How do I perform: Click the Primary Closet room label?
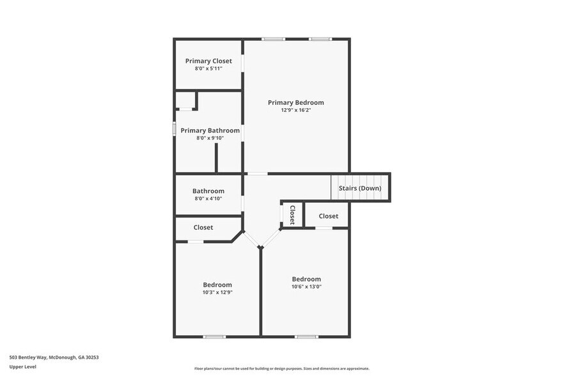[x=208, y=61]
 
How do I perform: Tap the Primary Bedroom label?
[x=295, y=102]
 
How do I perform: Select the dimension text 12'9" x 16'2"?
[x=295, y=110]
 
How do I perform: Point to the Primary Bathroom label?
[x=210, y=130]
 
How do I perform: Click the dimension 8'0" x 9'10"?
[x=210, y=137]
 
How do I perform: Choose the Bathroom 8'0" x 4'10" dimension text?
[x=208, y=198]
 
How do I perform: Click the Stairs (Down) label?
[x=360, y=188]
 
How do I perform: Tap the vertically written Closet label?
[x=292, y=214]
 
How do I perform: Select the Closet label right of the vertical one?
[x=328, y=216]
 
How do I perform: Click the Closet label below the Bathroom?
[x=203, y=227]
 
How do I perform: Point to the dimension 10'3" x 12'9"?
[x=217, y=292]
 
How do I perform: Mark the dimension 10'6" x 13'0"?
[x=306, y=286]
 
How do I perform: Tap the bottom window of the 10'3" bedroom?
[x=214, y=336]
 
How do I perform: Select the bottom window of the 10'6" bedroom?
[x=306, y=336]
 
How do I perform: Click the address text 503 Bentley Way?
[x=54, y=357]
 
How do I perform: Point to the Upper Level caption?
[x=23, y=366]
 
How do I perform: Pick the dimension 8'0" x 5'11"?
[x=208, y=68]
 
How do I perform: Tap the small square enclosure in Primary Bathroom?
[x=185, y=100]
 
